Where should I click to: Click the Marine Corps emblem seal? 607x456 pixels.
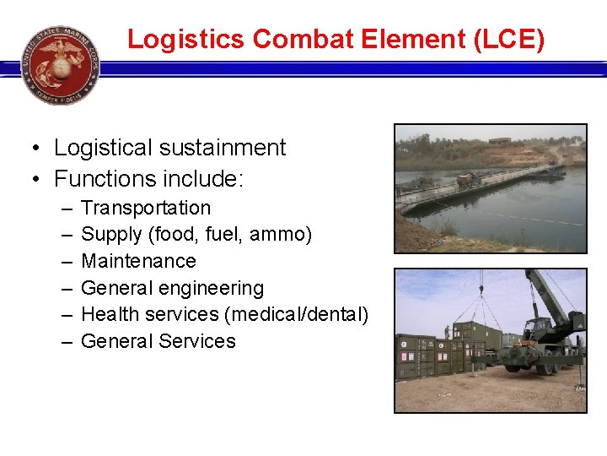[60, 65]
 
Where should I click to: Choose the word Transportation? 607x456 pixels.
[145, 208]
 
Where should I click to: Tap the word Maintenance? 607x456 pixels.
[138, 261]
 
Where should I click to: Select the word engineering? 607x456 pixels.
[214, 288]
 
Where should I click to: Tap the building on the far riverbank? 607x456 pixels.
[499, 141]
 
